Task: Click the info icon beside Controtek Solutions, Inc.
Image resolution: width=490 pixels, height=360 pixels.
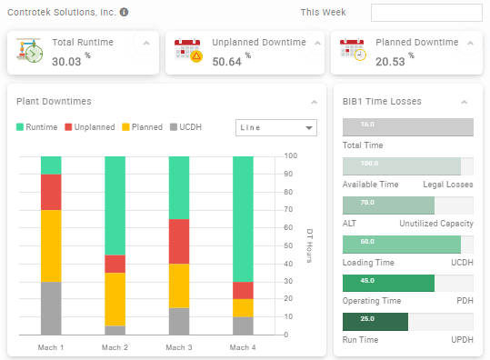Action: pos(124,13)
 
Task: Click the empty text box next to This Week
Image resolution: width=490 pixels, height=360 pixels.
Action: pos(426,13)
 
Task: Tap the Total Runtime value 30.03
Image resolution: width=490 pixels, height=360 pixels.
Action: pos(68,60)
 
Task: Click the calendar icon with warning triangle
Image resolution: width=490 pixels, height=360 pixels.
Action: pos(188,53)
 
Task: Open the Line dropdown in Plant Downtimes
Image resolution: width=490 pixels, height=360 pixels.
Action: pos(275,128)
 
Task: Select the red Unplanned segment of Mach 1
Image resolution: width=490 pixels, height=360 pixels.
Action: pos(51,192)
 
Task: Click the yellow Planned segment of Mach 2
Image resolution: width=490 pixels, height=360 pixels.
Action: pos(115,299)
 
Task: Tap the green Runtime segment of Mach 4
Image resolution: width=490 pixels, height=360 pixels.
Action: pos(243,218)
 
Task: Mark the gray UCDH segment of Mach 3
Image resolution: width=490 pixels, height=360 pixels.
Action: pos(179,322)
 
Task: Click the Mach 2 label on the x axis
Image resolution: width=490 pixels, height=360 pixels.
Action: pos(115,347)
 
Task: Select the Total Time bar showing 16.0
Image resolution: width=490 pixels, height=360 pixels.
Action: pos(407,127)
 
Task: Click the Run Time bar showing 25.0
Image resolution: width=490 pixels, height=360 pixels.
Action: pos(375,322)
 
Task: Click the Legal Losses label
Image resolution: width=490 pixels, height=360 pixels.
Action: pos(448,185)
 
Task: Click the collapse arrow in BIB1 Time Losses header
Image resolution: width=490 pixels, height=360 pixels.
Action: pos(465,102)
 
